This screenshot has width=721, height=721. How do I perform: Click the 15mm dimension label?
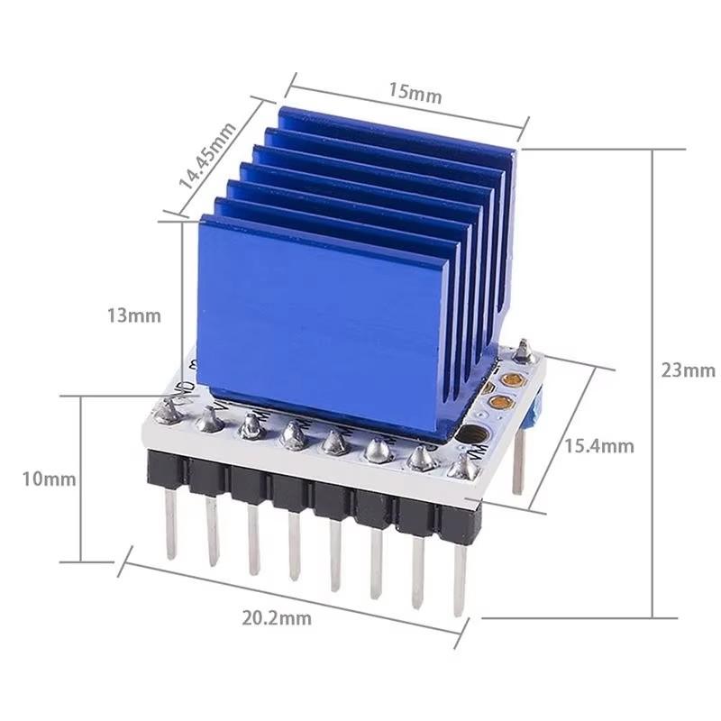coord(415,94)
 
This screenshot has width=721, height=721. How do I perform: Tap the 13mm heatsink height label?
coord(133,315)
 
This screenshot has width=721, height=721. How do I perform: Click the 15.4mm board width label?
coord(599,445)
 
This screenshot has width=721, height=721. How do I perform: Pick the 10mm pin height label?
coord(50,479)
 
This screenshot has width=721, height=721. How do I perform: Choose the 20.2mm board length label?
coord(277,617)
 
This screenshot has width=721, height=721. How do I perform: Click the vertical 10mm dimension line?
coord(83,478)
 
